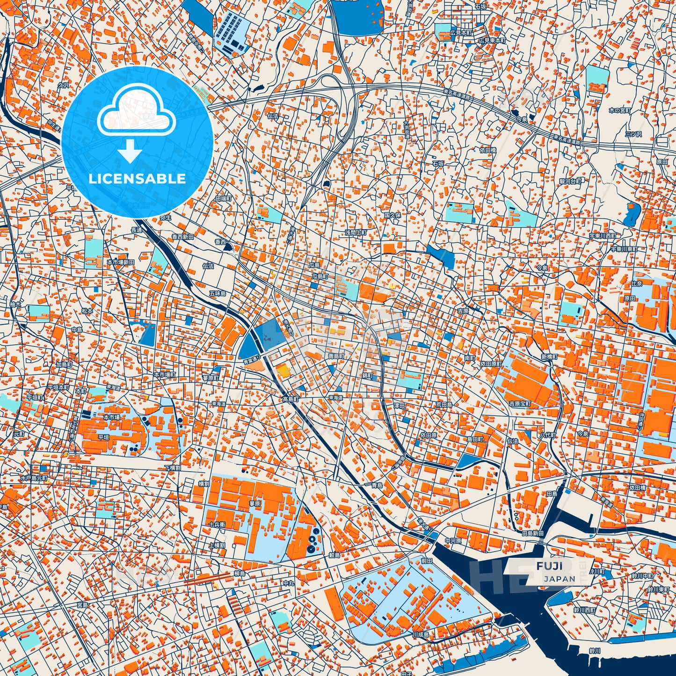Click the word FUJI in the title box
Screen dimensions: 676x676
tap(550, 566)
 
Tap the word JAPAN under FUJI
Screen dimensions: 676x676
tap(560, 579)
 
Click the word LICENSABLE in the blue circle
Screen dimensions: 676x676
tap(137, 179)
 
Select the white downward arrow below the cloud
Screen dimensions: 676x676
tap(130, 151)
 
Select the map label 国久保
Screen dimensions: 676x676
tap(393, 215)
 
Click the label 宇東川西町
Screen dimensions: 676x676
tap(603, 236)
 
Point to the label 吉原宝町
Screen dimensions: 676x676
tap(520, 404)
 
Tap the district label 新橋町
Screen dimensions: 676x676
tap(550, 357)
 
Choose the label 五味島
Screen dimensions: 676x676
tap(218, 294)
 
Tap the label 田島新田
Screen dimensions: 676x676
tap(532, 533)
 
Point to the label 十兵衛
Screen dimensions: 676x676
tap(217, 524)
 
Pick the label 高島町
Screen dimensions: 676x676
tap(291, 400)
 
